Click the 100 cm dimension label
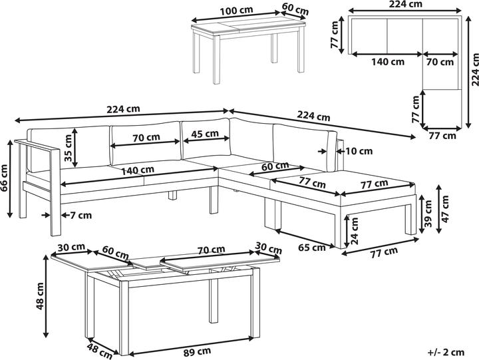tap(236, 11)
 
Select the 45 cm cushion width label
tap(205, 134)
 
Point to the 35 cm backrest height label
tap(68, 148)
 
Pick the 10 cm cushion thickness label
tap(359, 151)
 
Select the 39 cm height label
tap(428, 214)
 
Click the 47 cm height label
tap(445, 209)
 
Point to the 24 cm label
tap(355, 232)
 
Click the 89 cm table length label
tap(197, 352)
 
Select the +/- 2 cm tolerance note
tap(446, 353)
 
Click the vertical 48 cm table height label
tap(40, 296)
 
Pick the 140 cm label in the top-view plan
tap(388, 62)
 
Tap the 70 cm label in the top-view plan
tap(440, 62)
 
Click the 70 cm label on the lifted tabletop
tap(211, 250)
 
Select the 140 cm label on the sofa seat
tap(138, 170)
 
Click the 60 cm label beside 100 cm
tap(295, 9)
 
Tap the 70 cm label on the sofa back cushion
tap(146, 137)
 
